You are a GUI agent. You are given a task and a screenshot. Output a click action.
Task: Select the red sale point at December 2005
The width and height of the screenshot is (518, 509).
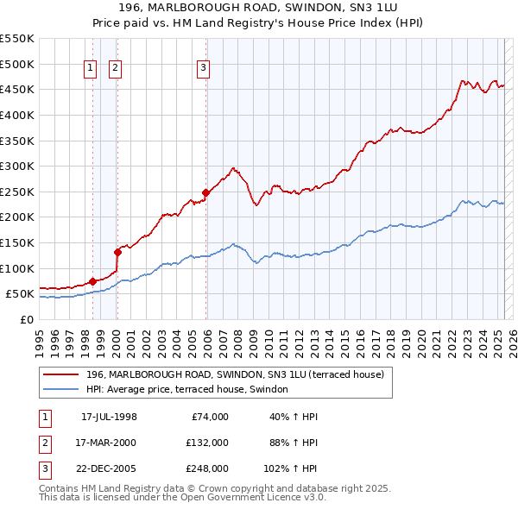pyautogui.click(x=206, y=192)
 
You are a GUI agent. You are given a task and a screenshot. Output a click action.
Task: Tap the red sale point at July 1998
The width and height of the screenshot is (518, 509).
pyautogui.click(x=92, y=281)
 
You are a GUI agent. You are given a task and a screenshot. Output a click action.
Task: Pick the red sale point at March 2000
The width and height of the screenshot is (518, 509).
pyautogui.click(x=117, y=252)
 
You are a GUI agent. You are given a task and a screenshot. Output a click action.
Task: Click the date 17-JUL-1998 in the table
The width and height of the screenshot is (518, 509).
pyautogui.click(x=109, y=417)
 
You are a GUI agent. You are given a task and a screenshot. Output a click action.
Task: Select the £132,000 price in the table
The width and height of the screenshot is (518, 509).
pyautogui.click(x=206, y=443)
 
